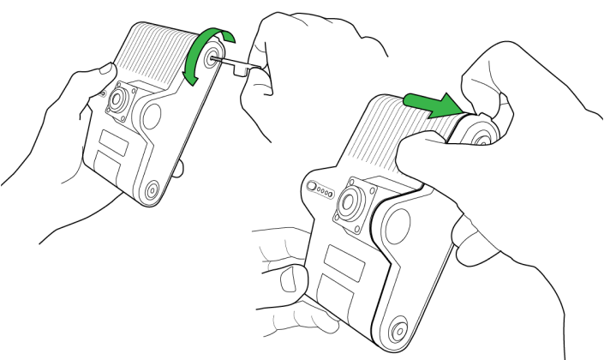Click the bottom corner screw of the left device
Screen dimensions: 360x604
click(x=152, y=190)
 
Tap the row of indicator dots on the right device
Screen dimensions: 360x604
click(x=322, y=189)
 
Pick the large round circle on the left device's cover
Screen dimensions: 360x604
click(x=156, y=116)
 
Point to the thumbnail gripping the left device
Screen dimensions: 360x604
click(x=106, y=69)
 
